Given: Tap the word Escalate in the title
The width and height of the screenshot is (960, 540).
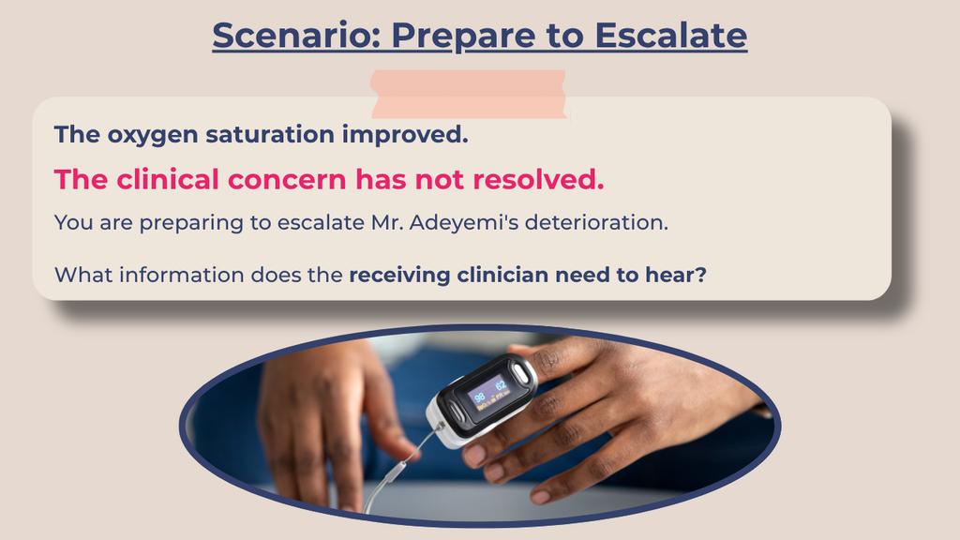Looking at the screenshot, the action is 671,35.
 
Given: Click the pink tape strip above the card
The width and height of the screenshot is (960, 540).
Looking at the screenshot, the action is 469,94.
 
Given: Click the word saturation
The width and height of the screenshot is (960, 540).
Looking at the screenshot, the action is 270,134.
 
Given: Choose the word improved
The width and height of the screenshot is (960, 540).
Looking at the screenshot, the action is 405,135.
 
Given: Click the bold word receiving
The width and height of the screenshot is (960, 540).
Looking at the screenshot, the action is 399,276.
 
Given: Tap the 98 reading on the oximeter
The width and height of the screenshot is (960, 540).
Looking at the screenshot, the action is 480,397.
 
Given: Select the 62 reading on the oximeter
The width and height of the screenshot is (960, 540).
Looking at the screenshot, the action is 501,385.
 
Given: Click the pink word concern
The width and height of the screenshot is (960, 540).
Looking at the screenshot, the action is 287,180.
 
